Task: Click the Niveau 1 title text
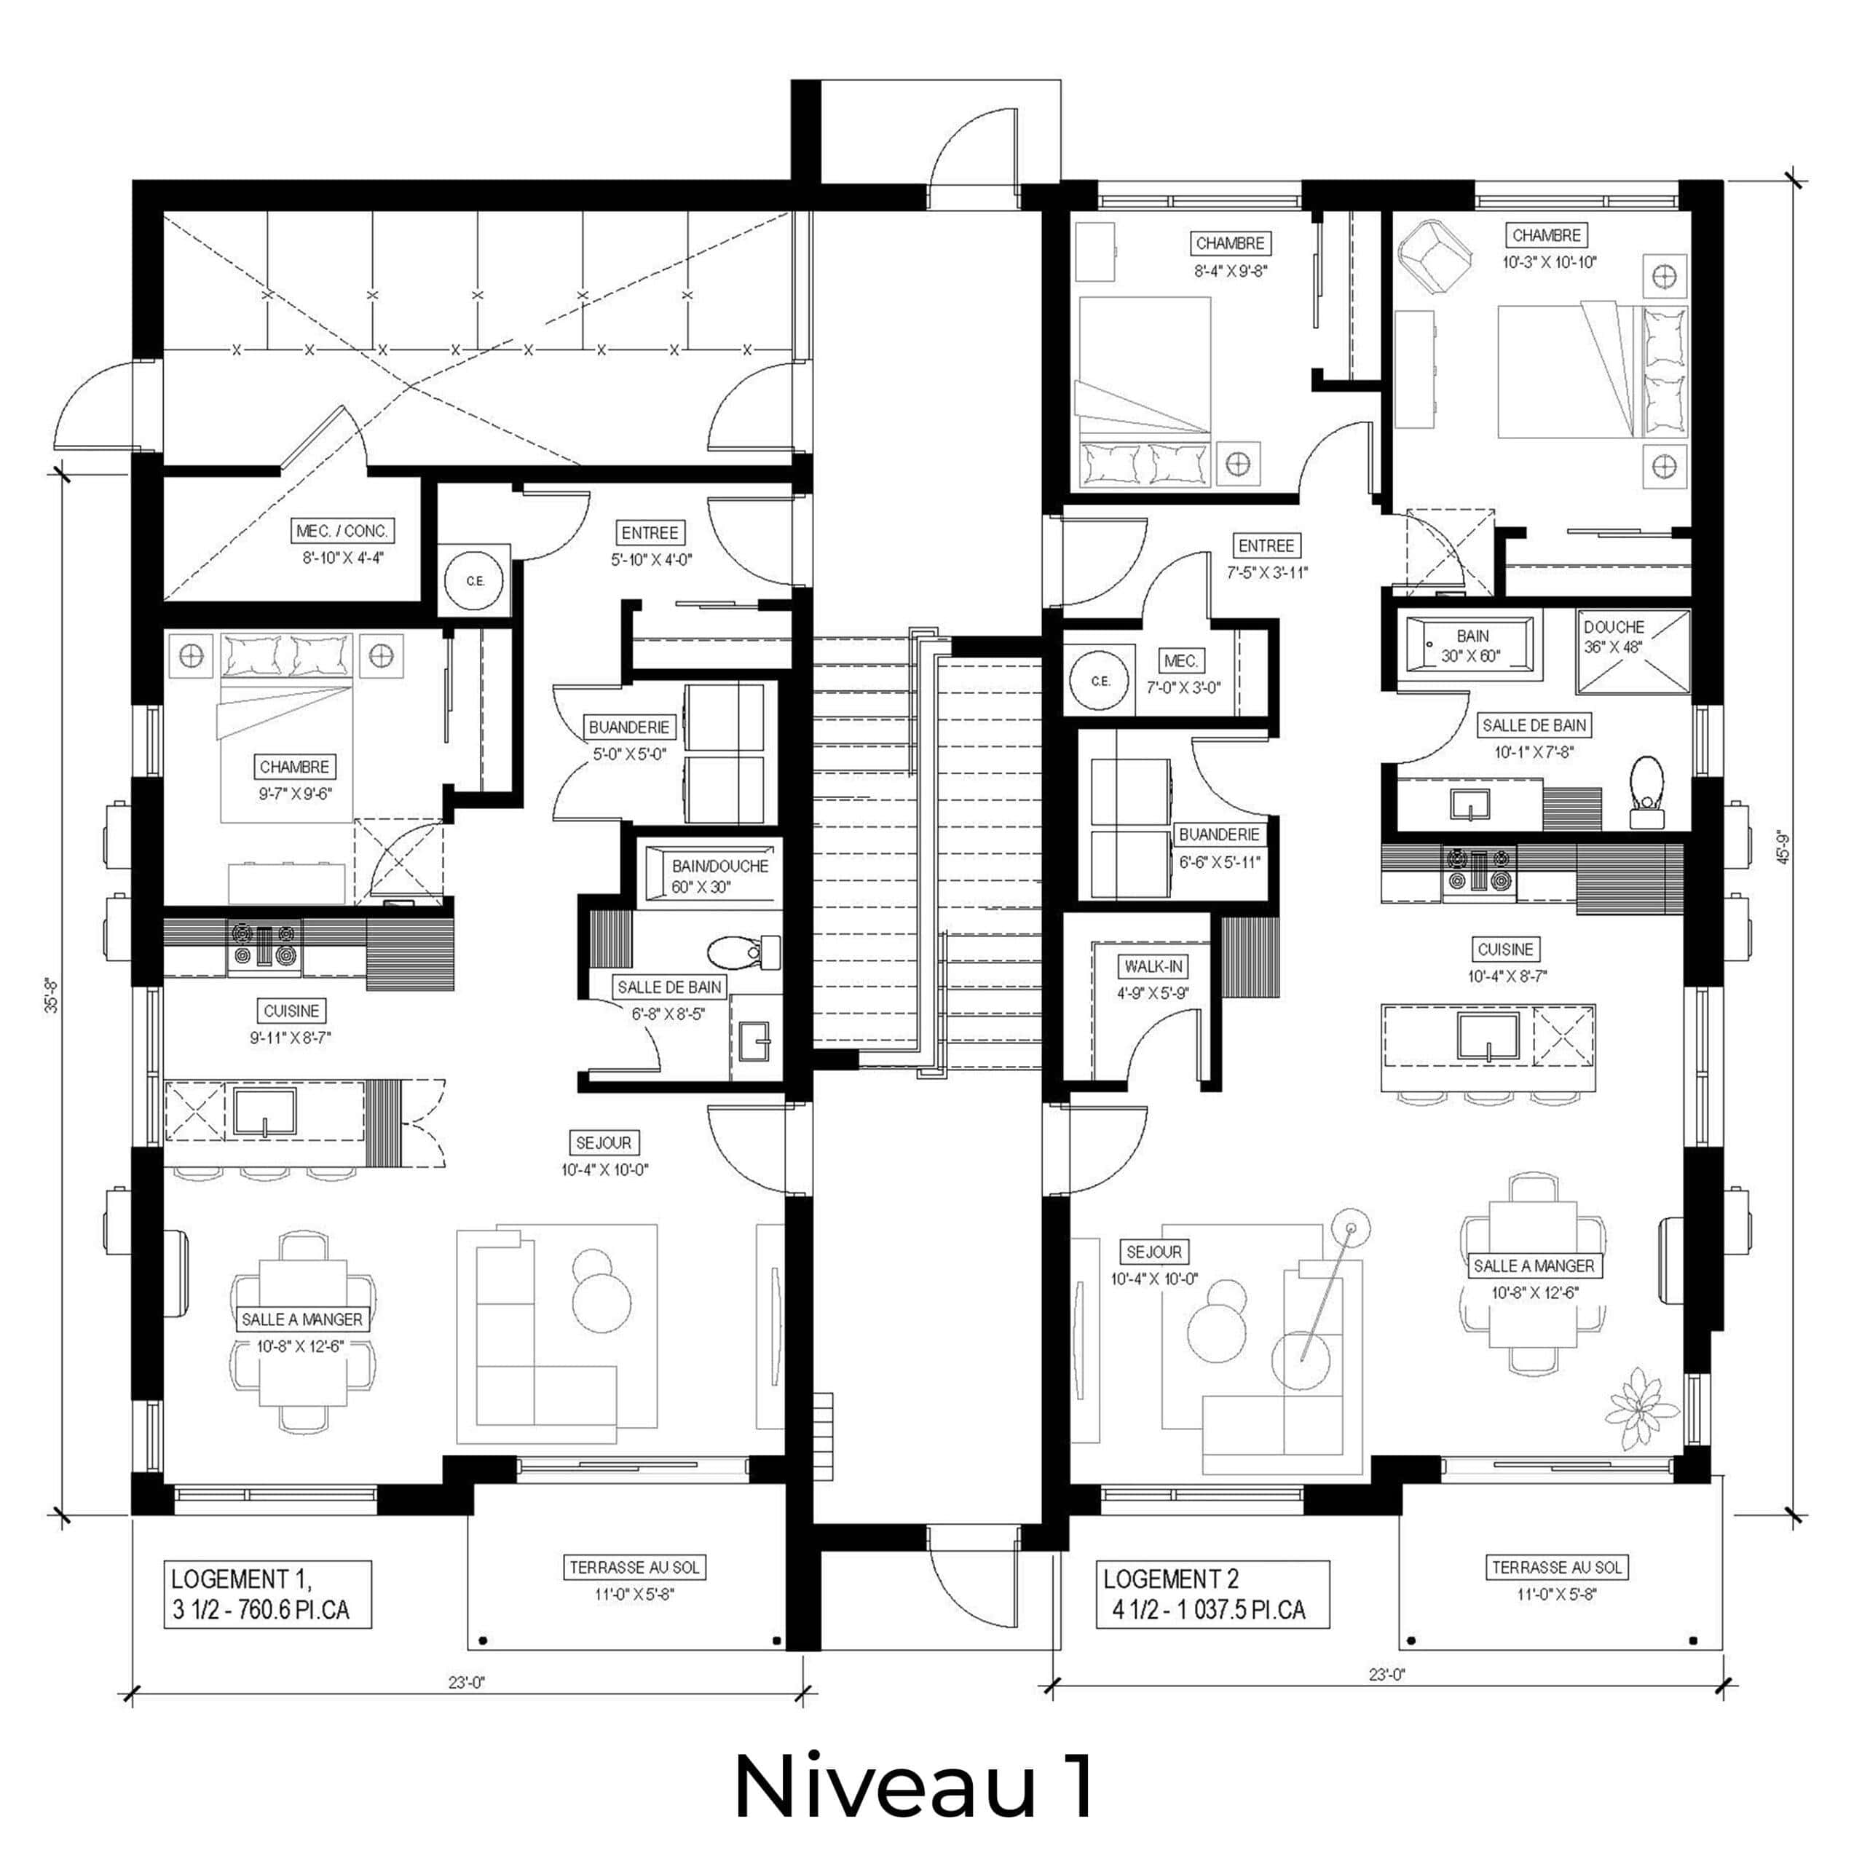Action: coord(914,1787)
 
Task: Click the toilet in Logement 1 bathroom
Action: coord(743,953)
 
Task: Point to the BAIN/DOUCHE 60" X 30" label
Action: coord(719,876)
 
